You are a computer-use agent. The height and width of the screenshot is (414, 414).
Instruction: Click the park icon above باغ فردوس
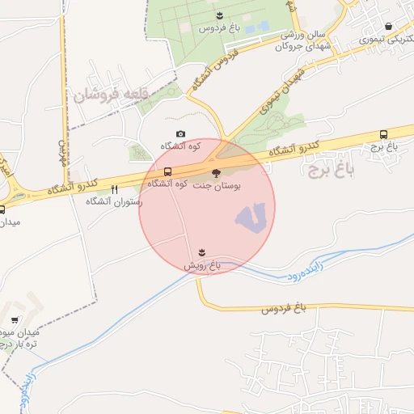(x=218, y=15)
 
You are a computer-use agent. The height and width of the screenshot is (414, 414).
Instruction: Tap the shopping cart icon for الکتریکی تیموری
(x=389, y=26)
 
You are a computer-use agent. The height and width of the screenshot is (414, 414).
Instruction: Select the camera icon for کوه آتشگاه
(x=180, y=134)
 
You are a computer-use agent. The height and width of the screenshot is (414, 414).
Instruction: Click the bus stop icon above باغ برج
(x=382, y=135)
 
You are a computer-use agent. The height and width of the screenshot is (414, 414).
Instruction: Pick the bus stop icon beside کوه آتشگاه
(x=167, y=172)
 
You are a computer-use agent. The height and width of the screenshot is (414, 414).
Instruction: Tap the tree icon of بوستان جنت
(x=216, y=171)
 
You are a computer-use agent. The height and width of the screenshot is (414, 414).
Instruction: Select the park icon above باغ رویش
(x=202, y=252)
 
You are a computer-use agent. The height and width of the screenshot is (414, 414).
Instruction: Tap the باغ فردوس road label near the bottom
(x=285, y=309)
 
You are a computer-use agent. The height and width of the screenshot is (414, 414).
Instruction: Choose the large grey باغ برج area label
(x=330, y=169)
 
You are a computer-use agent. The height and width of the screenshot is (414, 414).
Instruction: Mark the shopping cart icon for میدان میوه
(x=16, y=320)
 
